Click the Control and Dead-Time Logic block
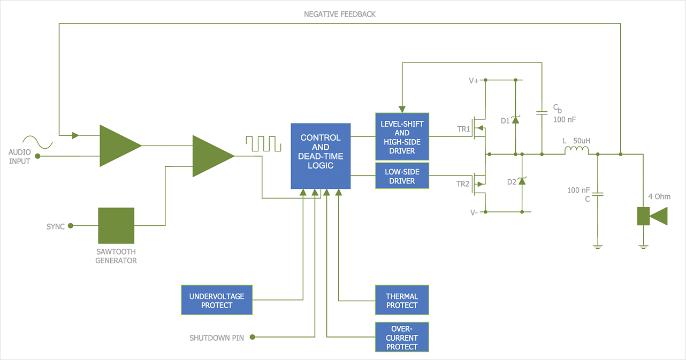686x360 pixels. click(321, 156)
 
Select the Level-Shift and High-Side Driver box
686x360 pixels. click(402, 137)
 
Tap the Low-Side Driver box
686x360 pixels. click(402, 177)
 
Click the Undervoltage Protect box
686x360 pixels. click(217, 300)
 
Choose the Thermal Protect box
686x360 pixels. click(402, 300)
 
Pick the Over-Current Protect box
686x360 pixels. click(402, 338)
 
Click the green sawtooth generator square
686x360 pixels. click(116, 226)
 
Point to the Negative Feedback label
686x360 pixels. click(340, 14)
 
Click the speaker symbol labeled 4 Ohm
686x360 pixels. click(652, 216)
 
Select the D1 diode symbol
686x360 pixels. click(515, 120)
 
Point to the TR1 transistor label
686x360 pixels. click(463, 129)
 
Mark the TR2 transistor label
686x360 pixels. click(463, 183)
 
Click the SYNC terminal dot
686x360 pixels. click(71, 226)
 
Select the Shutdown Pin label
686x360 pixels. click(217, 338)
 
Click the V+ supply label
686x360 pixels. click(474, 81)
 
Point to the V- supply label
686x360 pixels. click(474, 212)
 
